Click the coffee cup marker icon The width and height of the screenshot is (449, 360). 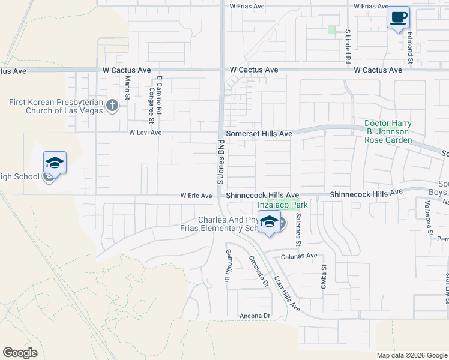coord(397,17)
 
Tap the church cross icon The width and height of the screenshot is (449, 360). coord(112,106)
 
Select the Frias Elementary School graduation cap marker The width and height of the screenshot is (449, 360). coord(270,222)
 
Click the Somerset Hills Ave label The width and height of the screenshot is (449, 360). coord(259,133)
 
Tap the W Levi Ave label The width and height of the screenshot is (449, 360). coord(145,133)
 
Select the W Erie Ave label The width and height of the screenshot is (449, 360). coord(196,196)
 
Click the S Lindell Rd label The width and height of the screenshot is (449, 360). coord(348,46)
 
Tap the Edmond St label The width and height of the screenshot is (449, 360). coord(411,49)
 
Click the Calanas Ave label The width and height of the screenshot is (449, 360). coord(299,256)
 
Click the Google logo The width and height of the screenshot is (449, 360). coord(20,353)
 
